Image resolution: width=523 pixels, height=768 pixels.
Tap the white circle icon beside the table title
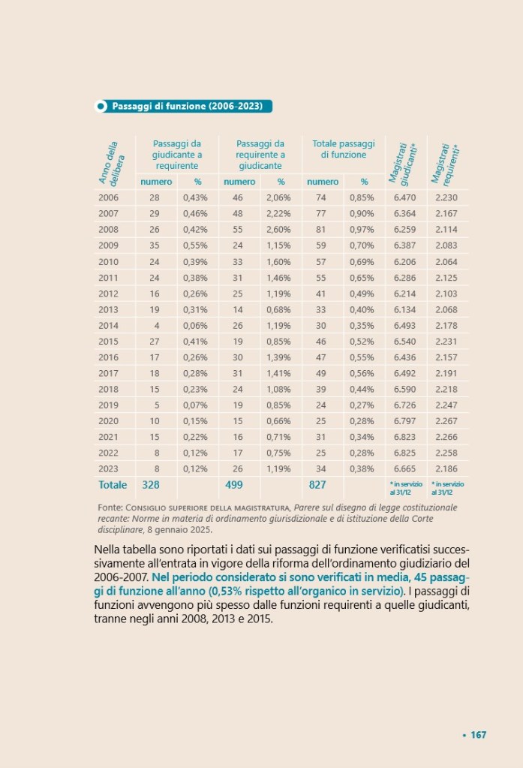click(101, 107)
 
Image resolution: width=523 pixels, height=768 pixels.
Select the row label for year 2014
click(109, 325)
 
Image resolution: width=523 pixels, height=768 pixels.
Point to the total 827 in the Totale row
click(317, 485)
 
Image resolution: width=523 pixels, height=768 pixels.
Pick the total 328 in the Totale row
click(152, 485)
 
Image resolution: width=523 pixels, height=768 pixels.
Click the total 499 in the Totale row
click(234, 485)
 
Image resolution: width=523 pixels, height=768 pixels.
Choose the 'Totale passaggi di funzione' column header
click(343, 149)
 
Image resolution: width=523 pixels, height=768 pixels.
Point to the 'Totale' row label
click(113, 485)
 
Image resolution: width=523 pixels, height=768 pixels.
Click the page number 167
click(479, 735)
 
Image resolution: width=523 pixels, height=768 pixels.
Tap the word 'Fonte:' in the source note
click(111, 508)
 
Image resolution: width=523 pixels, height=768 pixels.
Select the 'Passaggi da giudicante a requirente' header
click(177, 154)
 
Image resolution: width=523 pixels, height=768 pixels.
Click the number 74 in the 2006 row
click(321, 197)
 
